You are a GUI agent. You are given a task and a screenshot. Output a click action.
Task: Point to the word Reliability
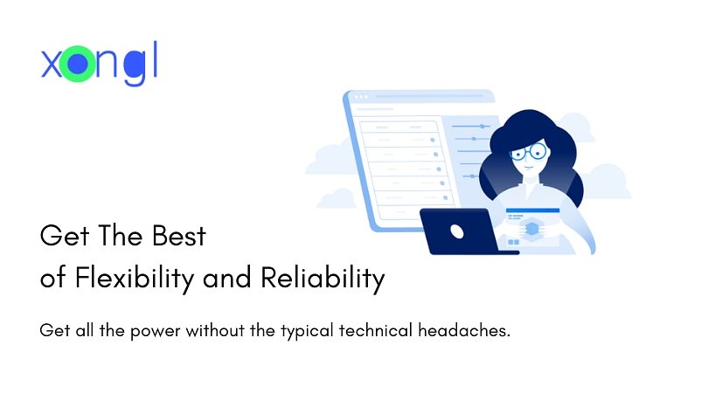click(323, 279)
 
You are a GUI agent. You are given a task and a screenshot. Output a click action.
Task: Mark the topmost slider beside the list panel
click(472, 126)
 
